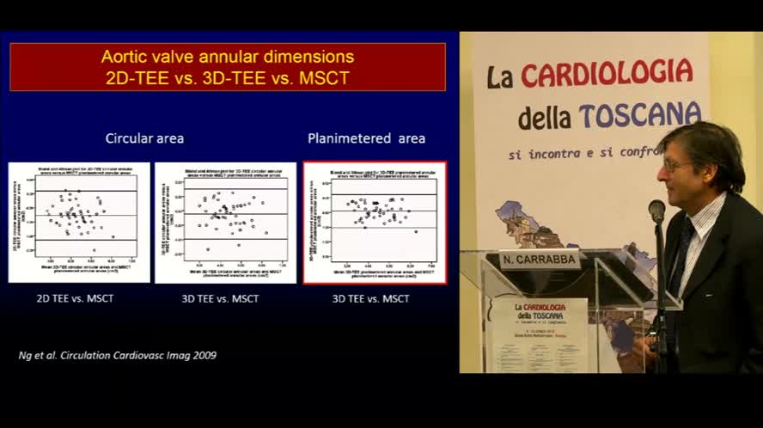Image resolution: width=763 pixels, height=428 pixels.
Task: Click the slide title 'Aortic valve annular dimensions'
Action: (227, 57)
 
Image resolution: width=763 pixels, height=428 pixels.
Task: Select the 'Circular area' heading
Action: (144, 138)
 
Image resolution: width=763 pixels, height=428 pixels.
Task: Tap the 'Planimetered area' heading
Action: (366, 138)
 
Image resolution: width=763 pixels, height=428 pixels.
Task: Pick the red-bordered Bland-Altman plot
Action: (375, 223)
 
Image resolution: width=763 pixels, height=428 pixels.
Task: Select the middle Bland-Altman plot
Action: (225, 223)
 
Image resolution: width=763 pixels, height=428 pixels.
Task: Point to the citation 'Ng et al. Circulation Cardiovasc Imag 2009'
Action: (118, 355)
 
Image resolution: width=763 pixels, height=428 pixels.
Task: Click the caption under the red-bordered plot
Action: (371, 298)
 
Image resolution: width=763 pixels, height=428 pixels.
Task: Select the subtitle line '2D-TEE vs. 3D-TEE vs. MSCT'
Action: (227, 77)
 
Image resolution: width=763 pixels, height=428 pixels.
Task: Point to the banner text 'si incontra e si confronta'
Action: (584, 153)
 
